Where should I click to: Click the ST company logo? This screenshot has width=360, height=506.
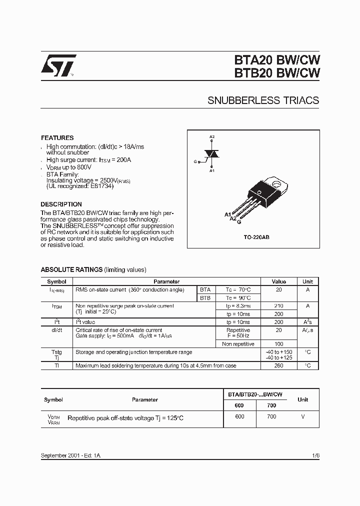tap(58, 65)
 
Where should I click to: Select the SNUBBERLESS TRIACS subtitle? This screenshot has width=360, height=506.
tap(263, 100)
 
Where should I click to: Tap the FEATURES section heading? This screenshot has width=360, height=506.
tap(57, 137)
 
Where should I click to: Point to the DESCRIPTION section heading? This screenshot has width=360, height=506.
tap(61, 204)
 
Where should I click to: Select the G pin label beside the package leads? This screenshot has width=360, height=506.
tap(238, 221)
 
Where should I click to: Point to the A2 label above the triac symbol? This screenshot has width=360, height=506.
tap(212, 137)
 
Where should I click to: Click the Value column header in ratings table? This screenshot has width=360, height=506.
tap(278, 281)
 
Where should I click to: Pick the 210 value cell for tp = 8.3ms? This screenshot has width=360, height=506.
tap(278, 305)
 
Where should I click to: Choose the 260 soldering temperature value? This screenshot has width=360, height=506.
tap(278, 365)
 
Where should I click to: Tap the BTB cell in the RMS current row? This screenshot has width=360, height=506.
tap(205, 297)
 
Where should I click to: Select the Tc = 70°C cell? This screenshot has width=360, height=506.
tap(238, 289)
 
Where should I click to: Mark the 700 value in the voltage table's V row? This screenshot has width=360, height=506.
tap(271, 417)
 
